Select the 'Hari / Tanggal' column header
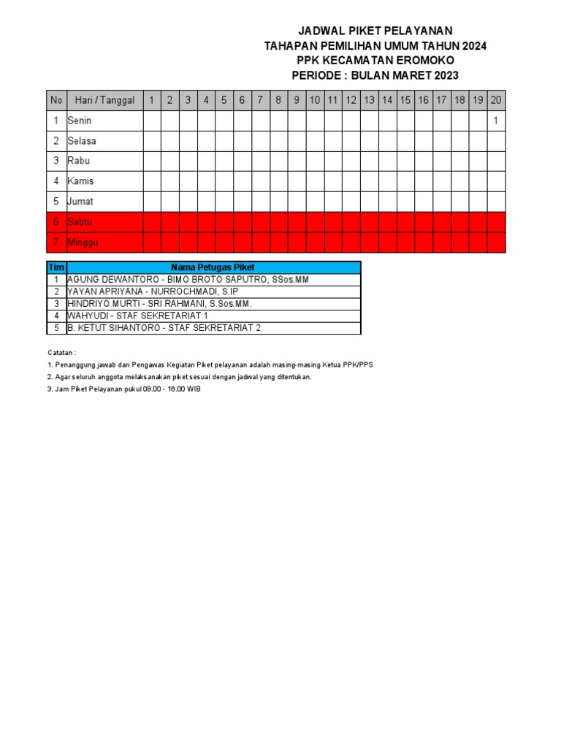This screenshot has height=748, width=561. click(104, 101)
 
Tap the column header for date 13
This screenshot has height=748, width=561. click(369, 101)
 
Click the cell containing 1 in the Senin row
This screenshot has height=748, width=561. click(496, 121)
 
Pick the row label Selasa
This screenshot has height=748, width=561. click(82, 141)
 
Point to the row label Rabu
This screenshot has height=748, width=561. click(79, 161)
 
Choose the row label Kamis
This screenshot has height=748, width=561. click(80, 181)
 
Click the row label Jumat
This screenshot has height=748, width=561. click(80, 201)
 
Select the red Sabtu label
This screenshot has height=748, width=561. click(80, 221)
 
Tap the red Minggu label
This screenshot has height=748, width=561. click(83, 242)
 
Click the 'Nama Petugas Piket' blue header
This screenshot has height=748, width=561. click(213, 268)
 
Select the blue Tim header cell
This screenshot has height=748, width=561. click(56, 268)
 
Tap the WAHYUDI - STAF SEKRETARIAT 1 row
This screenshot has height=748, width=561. click(137, 316)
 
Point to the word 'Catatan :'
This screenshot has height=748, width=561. click(62, 352)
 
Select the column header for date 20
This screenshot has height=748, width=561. click(496, 101)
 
